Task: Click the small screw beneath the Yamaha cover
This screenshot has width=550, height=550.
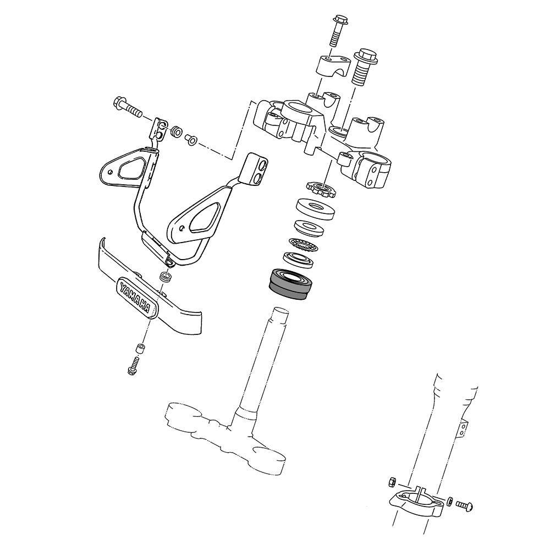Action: [133, 366]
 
